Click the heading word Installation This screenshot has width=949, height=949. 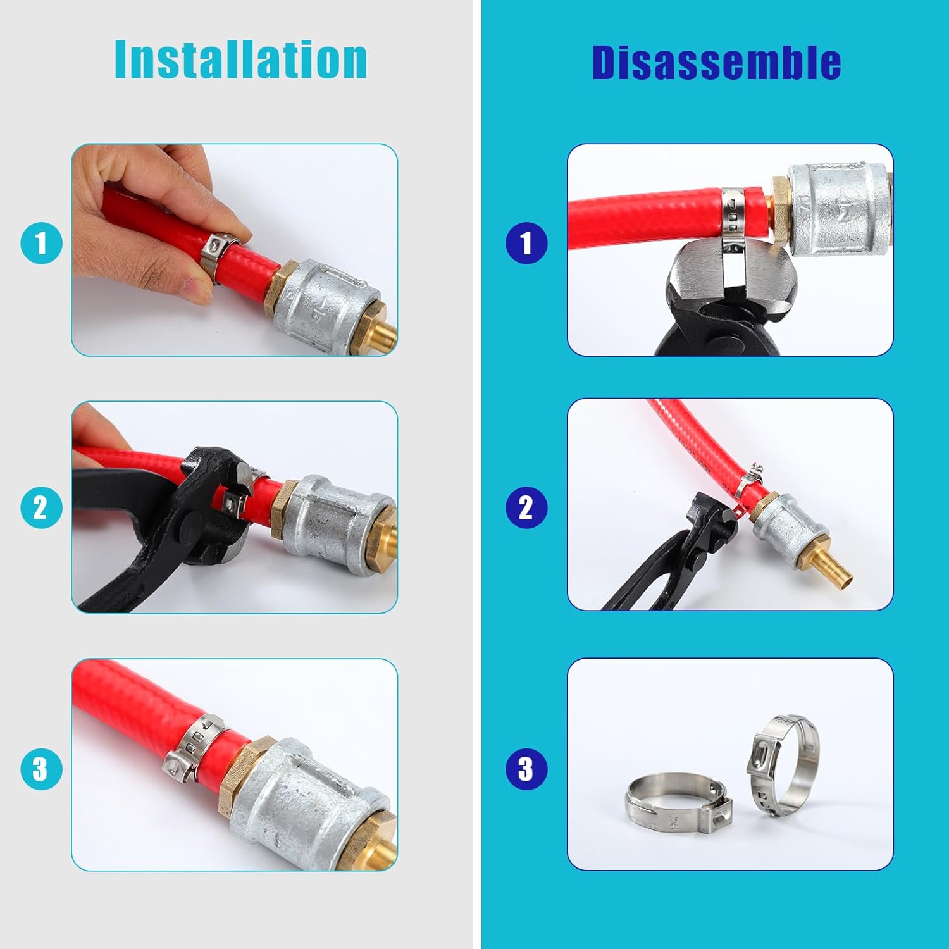tap(240, 59)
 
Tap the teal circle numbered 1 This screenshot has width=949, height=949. tap(41, 244)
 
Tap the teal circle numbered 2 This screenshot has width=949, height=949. tap(41, 507)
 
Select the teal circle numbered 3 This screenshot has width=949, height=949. tap(41, 769)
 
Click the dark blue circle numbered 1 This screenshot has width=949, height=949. tap(526, 244)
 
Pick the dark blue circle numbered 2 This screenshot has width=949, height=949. tap(526, 507)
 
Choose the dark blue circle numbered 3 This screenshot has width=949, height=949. tap(526, 769)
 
